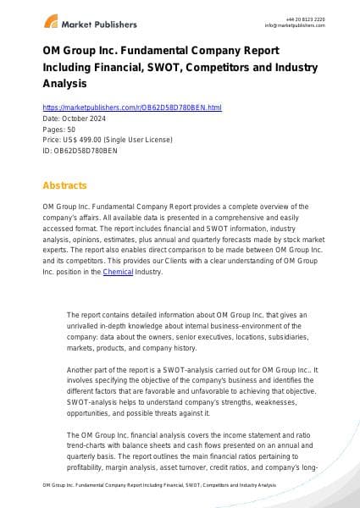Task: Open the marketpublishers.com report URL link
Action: pyautogui.click(x=131, y=108)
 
